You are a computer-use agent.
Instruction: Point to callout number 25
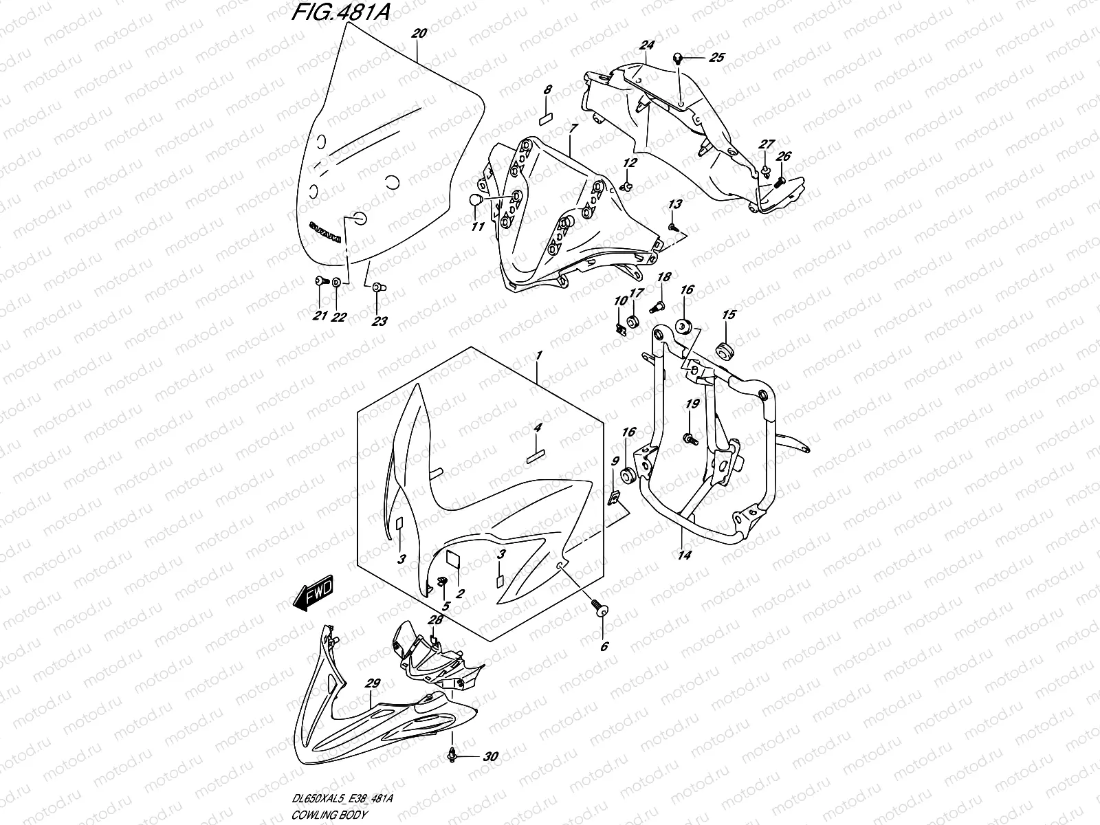(716, 58)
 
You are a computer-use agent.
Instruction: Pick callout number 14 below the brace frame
(685, 554)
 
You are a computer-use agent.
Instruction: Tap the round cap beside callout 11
(472, 200)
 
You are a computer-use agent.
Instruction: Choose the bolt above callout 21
(320, 281)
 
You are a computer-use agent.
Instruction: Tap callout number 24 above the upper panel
(646, 46)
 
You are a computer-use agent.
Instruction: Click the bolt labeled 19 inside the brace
(687, 437)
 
